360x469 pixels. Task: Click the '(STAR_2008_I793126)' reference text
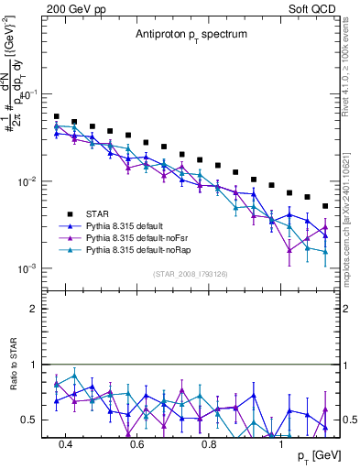coord(191,273)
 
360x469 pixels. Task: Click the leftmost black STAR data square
coord(56,117)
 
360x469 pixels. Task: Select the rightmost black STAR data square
coord(325,206)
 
